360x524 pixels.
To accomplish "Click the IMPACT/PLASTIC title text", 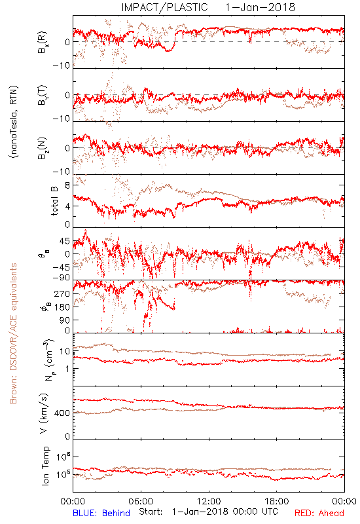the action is coord(164,7).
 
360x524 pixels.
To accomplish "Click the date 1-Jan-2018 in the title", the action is coord(260,7).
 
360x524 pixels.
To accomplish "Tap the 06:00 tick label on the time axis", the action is coord(141,501).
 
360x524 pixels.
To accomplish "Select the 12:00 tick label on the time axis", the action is coord(209,501).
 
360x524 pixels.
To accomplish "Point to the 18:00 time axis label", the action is coord(277,501).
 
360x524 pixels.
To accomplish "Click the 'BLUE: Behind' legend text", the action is coord(101,513).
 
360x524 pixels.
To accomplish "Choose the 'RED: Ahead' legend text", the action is coord(319,513).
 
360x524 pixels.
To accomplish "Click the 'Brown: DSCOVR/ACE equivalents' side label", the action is coord(13,333).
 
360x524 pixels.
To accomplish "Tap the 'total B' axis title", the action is coord(54,201).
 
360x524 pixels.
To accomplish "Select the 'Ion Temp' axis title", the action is coord(45,466).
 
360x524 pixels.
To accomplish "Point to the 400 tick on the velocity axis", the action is coord(62,413).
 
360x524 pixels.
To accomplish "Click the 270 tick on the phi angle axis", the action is coord(62,293).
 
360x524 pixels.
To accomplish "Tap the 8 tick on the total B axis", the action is coord(67,186).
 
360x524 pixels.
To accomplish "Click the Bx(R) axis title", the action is coord(43,43).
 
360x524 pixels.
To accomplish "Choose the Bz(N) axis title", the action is coord(43,148).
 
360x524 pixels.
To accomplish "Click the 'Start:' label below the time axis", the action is coord(151,512).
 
